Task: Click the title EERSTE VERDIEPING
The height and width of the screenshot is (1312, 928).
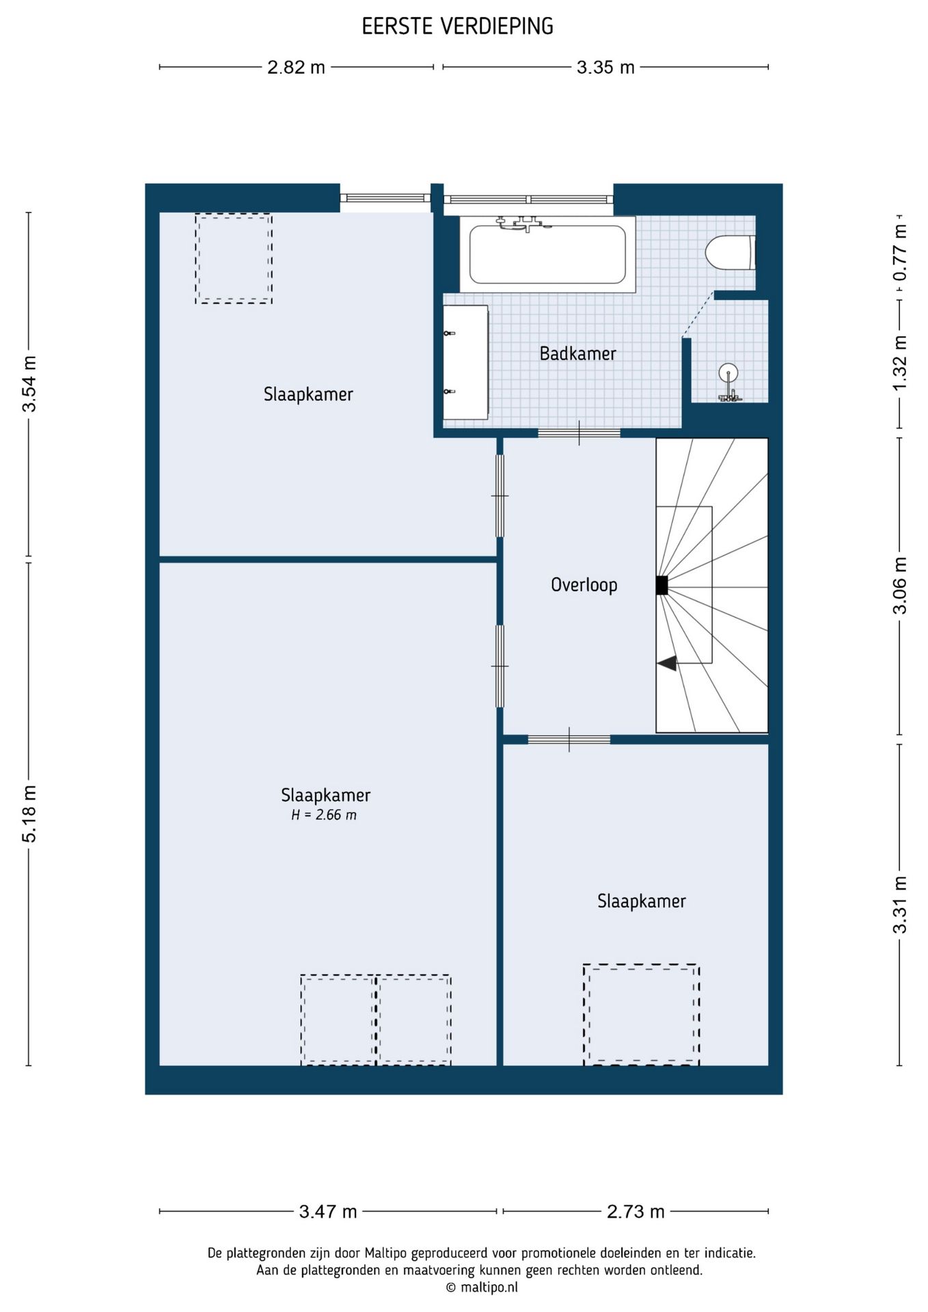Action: tap(457, 27)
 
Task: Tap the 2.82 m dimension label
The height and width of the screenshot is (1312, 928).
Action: tap(296, 67)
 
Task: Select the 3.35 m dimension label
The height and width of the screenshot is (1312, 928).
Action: tap(605, 67)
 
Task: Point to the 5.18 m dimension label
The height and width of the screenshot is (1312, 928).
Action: tap(30, 813)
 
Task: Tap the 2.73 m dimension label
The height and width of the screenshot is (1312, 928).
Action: tap(636, 1212)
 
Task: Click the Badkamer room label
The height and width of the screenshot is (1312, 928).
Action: tap(577, 353)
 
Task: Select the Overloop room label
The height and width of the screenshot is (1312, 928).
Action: tap(584, 585)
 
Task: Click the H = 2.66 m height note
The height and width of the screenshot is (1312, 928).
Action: tap(324, 815)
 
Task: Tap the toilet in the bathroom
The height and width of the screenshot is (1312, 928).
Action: tap(731, 252)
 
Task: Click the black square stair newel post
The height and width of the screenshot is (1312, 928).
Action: tap(661, 586)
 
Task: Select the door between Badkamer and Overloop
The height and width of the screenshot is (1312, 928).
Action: tap(579, 433)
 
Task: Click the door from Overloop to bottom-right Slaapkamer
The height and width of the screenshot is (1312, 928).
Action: tap(569, 739)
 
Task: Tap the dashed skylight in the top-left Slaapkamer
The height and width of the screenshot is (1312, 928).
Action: tap(234, 258)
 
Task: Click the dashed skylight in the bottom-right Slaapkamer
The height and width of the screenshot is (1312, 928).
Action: tap(641, 1015)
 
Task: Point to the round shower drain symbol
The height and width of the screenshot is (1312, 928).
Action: tap(729, 372)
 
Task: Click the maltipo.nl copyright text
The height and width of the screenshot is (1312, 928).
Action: tap(482, 1287)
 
